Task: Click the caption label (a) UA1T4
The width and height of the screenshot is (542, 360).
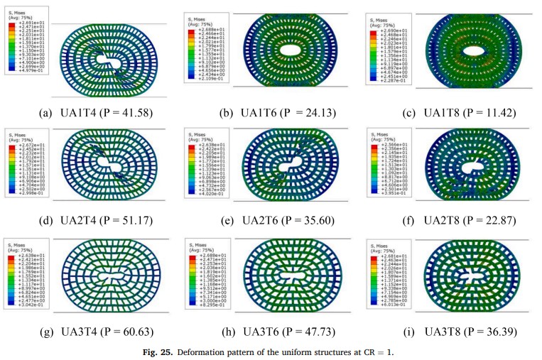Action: click(89, 113)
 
